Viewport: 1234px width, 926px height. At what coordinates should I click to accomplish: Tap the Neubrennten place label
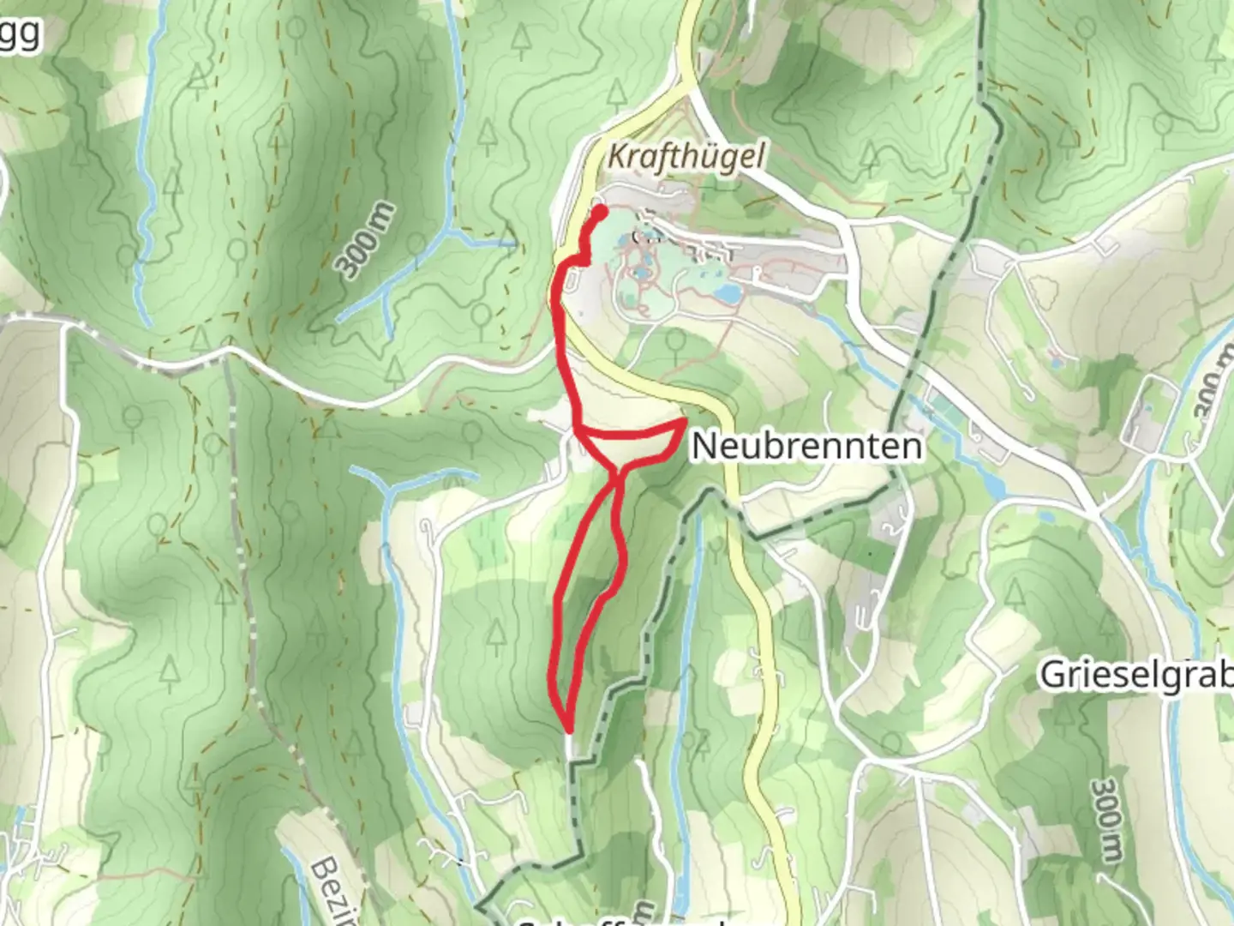[807, 446]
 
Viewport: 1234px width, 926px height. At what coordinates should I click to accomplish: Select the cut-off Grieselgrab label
[1136, 676]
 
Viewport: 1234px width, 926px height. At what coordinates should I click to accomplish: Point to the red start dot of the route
[600, 211]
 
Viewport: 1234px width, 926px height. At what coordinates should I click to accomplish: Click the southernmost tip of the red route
[567, 729]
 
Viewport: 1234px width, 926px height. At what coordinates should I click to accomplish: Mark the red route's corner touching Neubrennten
[683, 422]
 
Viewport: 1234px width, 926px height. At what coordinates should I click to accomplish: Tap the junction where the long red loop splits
[617, 470]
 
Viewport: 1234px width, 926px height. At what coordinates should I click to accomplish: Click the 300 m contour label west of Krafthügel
[367, 241]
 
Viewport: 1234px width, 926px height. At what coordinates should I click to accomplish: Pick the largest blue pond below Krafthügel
[728, 293]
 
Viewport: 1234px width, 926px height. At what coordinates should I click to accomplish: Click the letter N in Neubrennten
[705, 446]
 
